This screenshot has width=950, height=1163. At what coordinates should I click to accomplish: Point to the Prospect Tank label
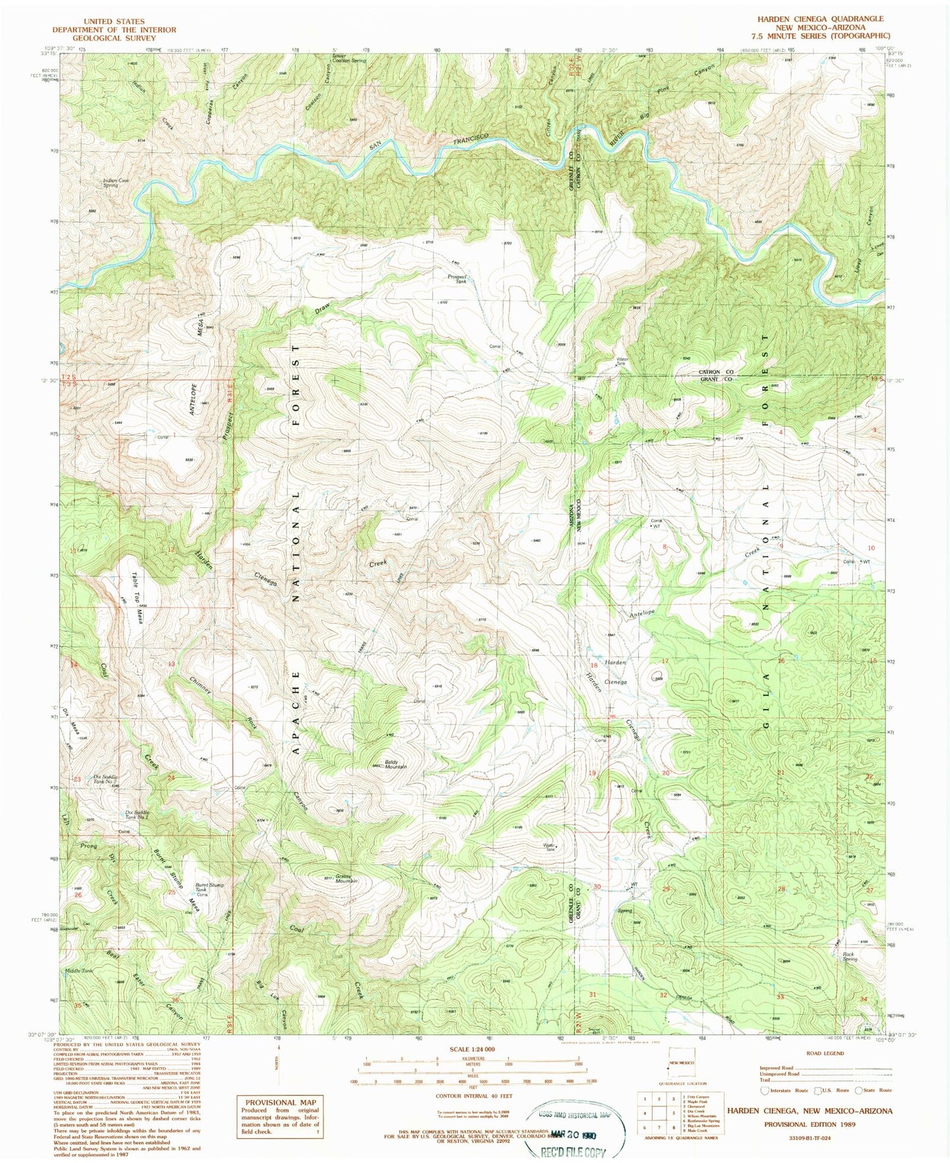click(x=458, y=279)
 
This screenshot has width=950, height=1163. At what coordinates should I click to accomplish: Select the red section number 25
click(x=172, y=892)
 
